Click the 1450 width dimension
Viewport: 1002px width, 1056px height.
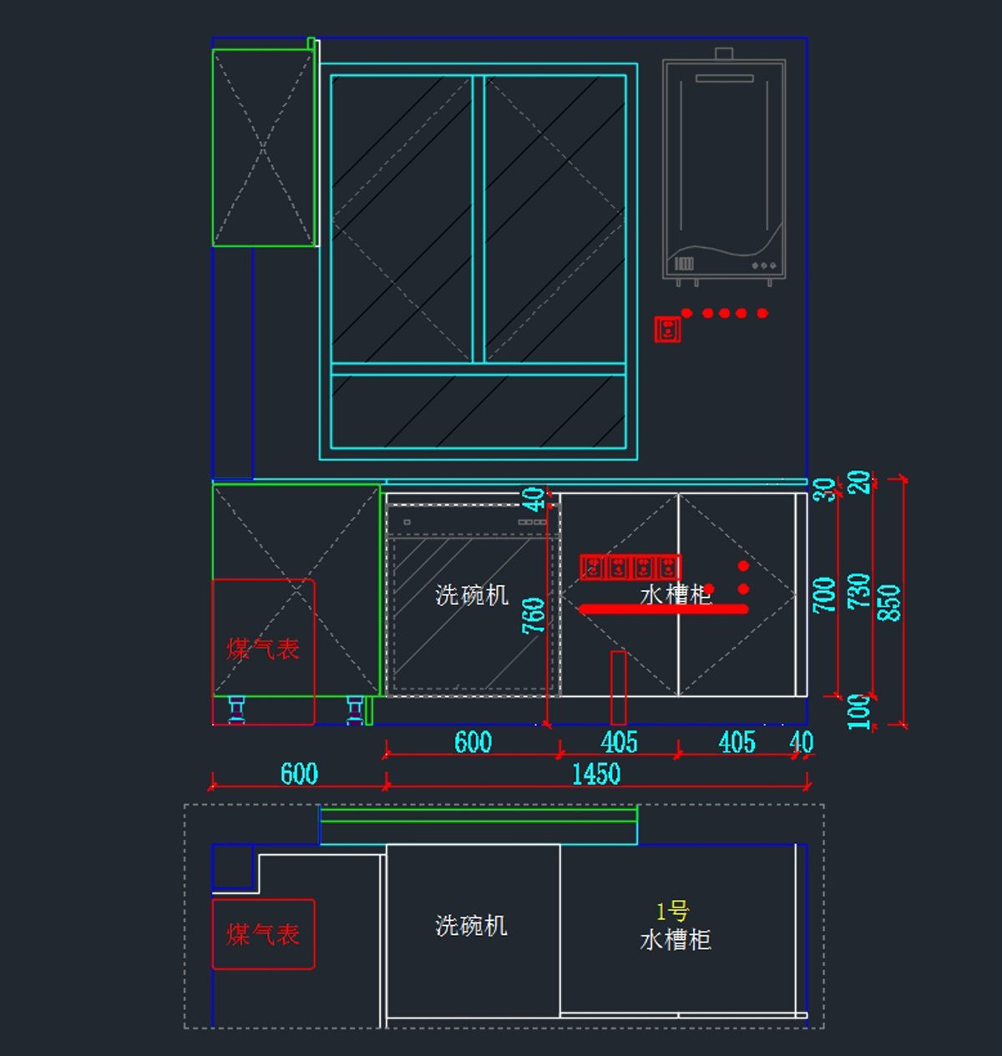[596, 774]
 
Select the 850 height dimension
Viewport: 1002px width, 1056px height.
[890, 602]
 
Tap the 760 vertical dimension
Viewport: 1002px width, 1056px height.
[534, 615]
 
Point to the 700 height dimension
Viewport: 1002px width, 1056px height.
[824, 594]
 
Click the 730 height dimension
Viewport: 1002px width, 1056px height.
[858, 590]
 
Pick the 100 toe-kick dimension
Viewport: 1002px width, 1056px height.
[858, 711]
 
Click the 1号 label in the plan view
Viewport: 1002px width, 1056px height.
[672, 911]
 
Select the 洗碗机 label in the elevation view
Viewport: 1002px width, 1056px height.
[472, 595]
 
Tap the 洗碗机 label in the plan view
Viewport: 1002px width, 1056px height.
[472, 926]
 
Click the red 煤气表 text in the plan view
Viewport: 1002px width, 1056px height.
[263, 934]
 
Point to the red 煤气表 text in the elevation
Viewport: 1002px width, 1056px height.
[263, 649]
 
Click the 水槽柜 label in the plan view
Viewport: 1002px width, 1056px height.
[676, 941]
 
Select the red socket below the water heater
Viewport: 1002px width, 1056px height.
[667, 329]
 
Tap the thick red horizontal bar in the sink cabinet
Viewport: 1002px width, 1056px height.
[664, 609]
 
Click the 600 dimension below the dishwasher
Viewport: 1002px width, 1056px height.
[473, 742]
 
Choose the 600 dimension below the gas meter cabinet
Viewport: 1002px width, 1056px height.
[299, 774]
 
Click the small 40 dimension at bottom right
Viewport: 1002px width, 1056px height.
[801, 742]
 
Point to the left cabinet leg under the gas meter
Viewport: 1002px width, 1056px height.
[236, 709]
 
